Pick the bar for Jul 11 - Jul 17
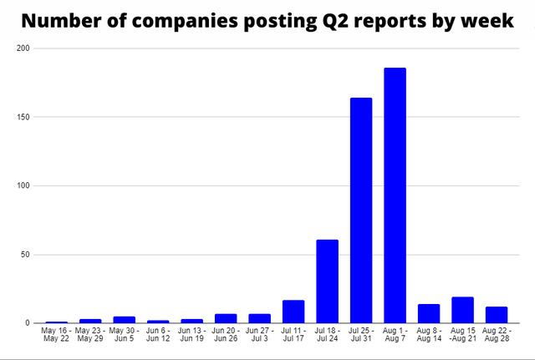click(293, 312)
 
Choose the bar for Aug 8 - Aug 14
click(429, 313)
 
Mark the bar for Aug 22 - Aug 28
click(497, 315)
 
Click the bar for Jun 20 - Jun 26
click(226, 318)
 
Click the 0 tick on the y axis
click(27, 323)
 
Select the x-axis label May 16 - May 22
click(56, 335)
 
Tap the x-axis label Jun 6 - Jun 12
click(158, 335)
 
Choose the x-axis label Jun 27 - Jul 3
click(259, 335)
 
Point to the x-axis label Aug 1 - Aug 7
click(395, 335)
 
